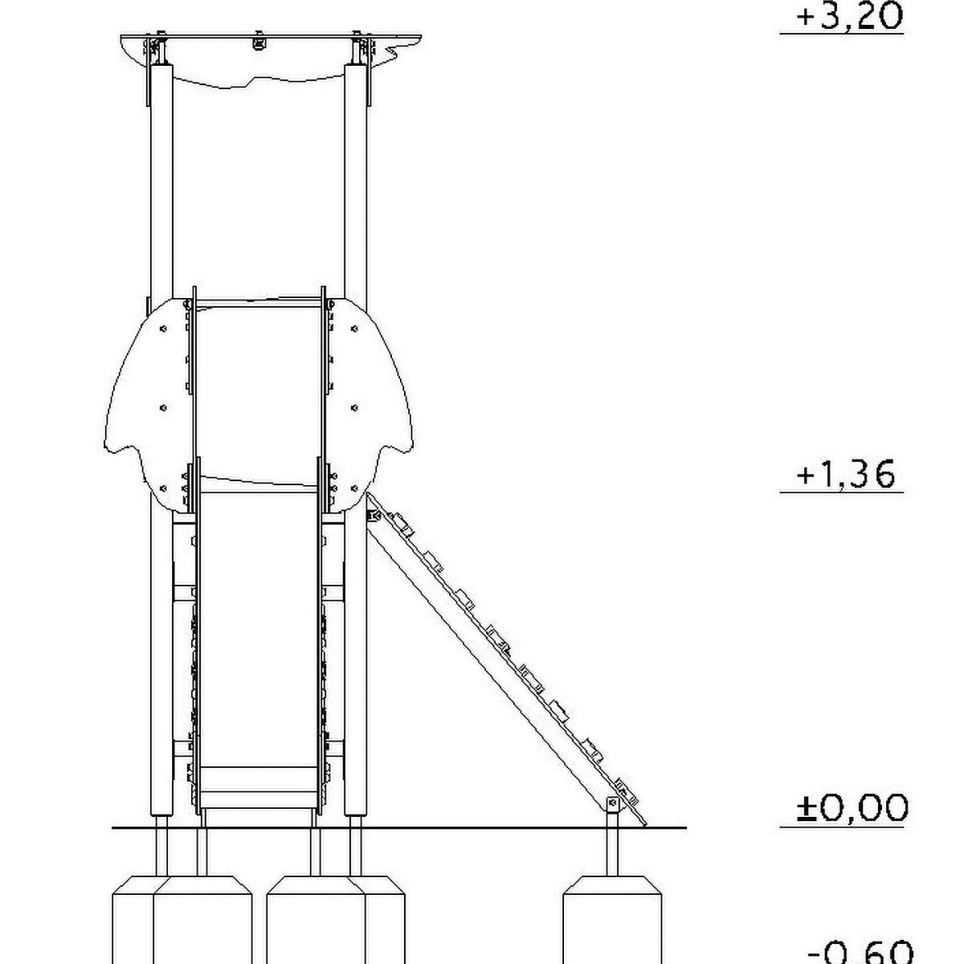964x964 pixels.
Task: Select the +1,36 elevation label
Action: (x=845, y=475)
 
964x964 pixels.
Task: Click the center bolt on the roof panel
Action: (x=259, y=42)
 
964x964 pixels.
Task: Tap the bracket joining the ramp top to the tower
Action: (x=373, y=515)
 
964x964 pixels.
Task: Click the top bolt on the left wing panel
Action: (x=163, y=329)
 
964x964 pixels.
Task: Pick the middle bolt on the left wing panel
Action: (x=163, y=408)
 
